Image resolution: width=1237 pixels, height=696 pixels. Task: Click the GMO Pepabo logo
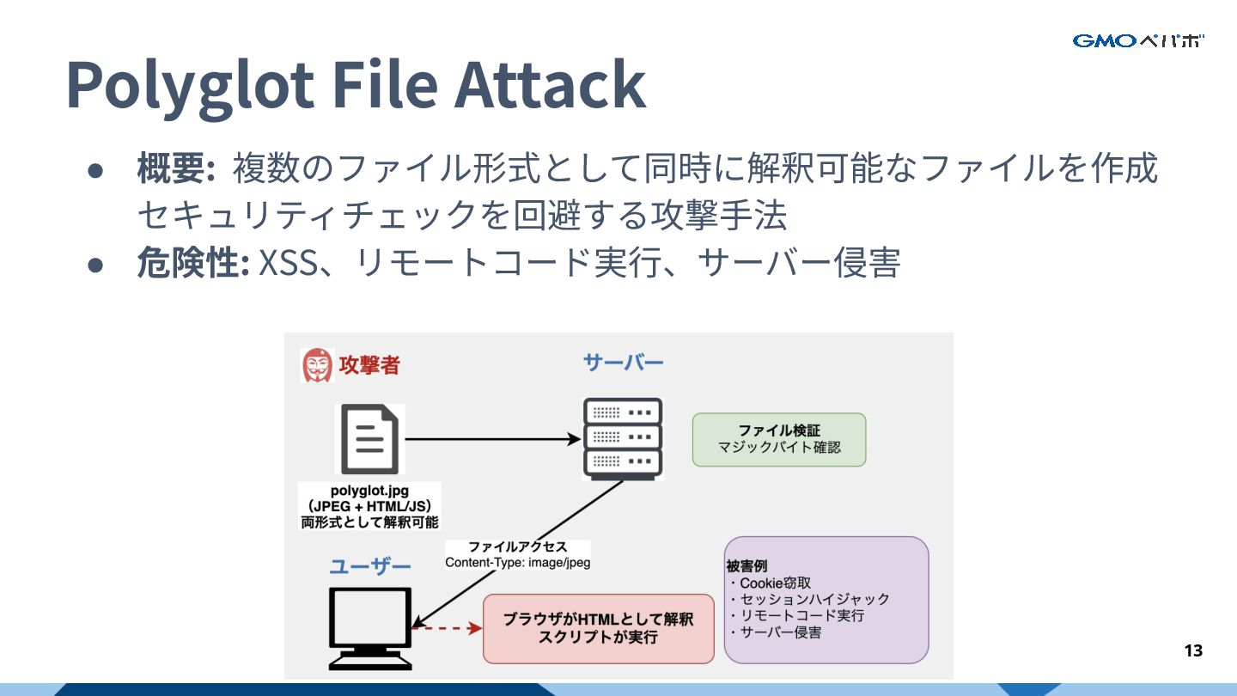click(x=1138, y=40)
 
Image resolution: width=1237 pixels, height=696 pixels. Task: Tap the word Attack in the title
click(x=550, y=84)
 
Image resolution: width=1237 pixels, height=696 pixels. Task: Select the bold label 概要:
click(x=175, y=168)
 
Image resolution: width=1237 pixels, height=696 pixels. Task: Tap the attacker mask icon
click(x=317, y=365)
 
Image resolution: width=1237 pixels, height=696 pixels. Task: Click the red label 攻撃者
click(x=369, y=365)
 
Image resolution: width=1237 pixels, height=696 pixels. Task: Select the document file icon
click(x=369, y=439)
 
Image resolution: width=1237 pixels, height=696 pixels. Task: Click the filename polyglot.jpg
click(x=369, y=491)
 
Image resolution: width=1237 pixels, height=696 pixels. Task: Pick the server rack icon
click(x=623, y=438)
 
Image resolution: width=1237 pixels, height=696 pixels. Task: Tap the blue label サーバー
click(x=623, y=362)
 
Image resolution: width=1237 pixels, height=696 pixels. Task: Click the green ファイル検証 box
click(x=779, y=439)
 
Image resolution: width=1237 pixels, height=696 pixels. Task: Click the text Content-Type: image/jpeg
click(x=517, y=563)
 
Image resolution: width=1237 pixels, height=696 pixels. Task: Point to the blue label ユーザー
click(x=369, y=566)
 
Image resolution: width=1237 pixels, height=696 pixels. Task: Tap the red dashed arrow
click(x=447, y=629)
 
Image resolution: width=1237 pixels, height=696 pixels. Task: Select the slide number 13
click(x=1193, y=650)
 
